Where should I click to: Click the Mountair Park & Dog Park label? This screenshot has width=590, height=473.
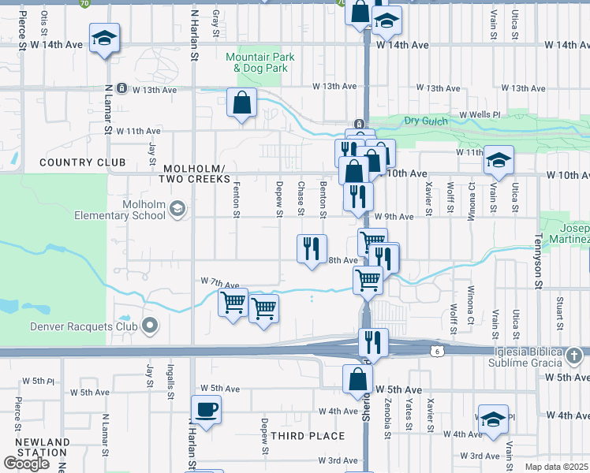260,63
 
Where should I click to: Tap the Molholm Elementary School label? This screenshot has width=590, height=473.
141,210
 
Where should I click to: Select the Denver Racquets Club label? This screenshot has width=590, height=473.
84,326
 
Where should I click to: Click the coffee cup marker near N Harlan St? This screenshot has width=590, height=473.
206,410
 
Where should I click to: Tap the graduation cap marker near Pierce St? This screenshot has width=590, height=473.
103,39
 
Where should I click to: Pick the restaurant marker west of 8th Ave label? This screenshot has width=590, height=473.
312,249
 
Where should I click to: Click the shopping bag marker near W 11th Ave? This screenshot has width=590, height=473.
241,103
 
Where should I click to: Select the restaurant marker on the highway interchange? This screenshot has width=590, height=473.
373,343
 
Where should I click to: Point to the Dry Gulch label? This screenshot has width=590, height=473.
425,121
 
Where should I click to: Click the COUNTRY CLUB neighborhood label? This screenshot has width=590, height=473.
82,163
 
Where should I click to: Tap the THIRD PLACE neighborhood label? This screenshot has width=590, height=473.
308,436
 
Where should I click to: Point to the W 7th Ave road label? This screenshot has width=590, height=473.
220,283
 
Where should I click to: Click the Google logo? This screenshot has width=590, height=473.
26,464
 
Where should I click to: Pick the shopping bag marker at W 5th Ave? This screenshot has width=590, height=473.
357,378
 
